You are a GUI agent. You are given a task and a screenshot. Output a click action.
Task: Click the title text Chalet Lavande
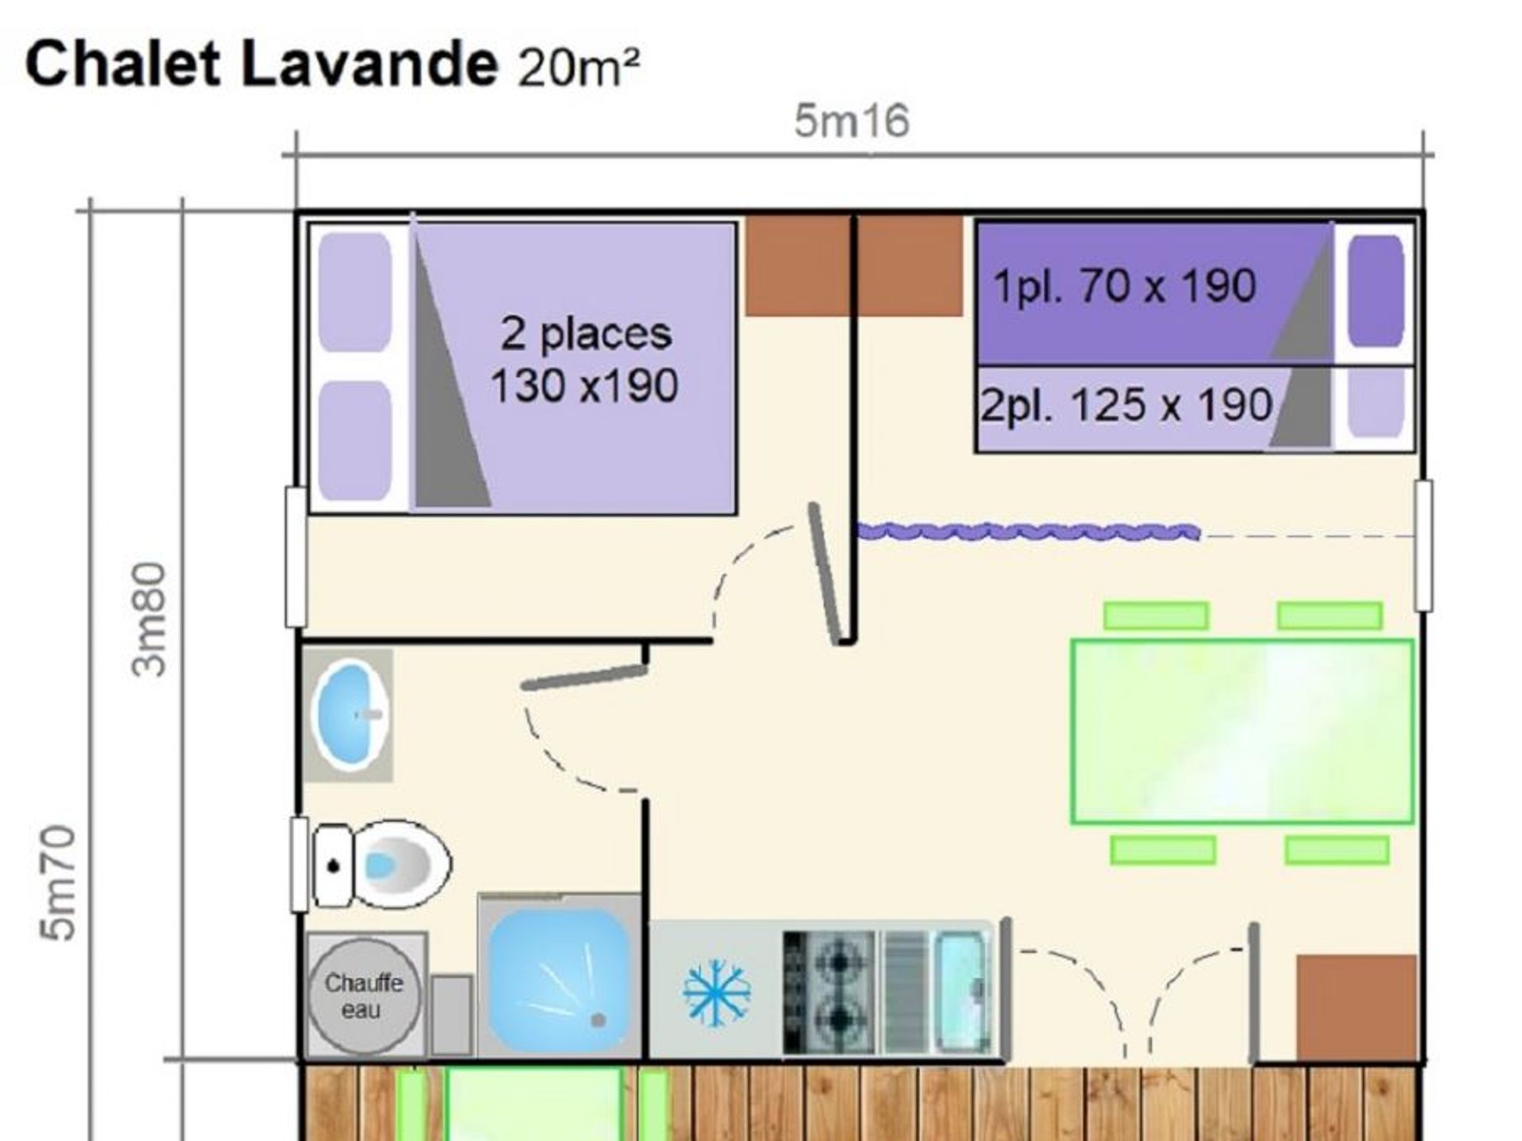(x=262, y=64)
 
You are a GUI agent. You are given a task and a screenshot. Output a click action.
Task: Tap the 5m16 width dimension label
(x=852, y=122)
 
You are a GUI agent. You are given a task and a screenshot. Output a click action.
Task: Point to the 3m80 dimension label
(x=149, y=619)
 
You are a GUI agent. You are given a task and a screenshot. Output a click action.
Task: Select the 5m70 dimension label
(x=58, y=883)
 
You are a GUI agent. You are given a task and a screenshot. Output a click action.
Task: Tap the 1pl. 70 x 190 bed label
(x=1125, y=285)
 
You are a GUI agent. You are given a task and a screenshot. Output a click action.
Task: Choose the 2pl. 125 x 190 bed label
(x=1126, y=406)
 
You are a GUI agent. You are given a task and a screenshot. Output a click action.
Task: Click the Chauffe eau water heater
(x=364, y=996)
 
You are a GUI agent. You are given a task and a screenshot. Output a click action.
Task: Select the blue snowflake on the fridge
(x=717, y=992)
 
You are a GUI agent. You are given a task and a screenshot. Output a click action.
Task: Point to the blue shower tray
(x=558, y=979)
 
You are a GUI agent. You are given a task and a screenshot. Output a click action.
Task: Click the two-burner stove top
(x=829, y=992)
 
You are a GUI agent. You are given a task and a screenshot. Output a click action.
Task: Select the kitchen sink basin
(x=962, y=992)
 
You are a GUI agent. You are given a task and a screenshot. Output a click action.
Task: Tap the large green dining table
(x=1242, y=731)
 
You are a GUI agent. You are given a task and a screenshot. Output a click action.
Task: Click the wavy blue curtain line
(x=1029, y=532)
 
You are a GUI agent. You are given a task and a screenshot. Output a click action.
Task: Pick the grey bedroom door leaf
(x=825, y=574)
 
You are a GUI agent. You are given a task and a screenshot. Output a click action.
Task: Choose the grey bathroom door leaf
(x=585, y=677)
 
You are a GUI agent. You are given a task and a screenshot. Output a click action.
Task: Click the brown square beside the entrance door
(x=1356, y=1008)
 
